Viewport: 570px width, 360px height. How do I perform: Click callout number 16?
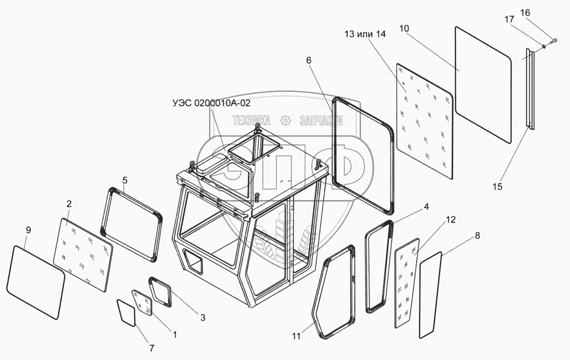coord(525,12)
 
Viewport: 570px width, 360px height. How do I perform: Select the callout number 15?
coord(498,186)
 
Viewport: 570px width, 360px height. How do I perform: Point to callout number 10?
coord(404,28)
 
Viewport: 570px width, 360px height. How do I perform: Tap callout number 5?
coord(124,180)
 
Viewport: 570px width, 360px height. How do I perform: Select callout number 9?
coord(28,230)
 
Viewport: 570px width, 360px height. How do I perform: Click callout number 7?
coord(152,348)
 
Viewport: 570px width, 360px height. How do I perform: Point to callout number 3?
coord(203,317)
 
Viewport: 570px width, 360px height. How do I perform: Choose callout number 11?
coord(296,336)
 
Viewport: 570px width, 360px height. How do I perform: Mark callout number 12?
coord(450,220)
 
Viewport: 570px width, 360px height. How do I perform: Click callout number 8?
coord(477,236)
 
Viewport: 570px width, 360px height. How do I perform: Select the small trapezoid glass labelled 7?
coord(126,312)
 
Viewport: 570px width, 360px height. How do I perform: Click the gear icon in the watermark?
coord(285,121)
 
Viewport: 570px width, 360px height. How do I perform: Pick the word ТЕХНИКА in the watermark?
coord(252,121)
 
